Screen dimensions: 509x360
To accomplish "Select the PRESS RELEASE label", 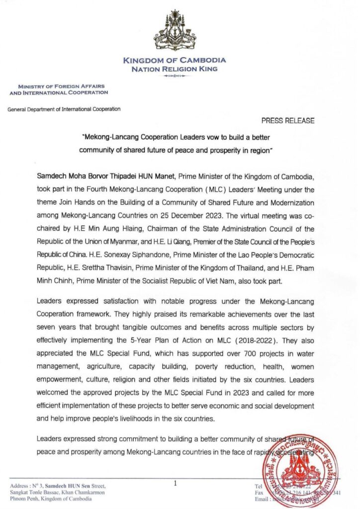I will point(287,121).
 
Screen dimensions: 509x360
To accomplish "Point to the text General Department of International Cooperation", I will point(64,109).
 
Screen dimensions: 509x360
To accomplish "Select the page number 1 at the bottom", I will point(176,482).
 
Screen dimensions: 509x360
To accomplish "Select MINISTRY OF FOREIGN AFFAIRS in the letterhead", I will point(62,86).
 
